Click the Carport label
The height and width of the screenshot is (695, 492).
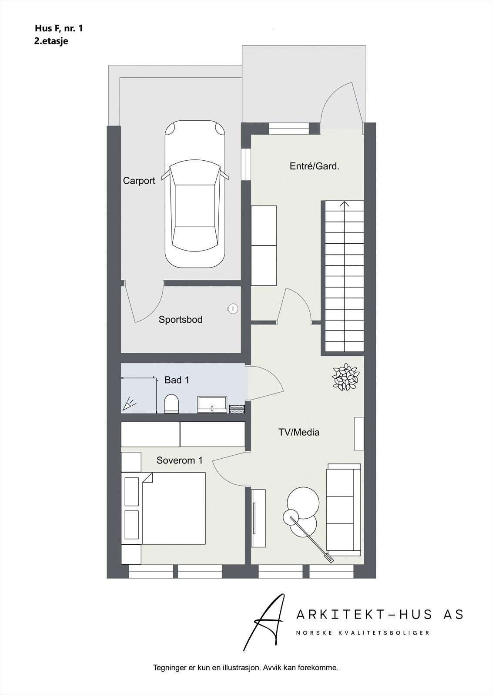point(139,181)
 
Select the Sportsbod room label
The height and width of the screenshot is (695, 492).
point(180,320)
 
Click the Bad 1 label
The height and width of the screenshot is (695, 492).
point(177,380)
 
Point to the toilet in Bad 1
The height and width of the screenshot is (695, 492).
point(171,404)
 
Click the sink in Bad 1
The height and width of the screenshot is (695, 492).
point(212,404)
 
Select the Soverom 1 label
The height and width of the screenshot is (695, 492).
point(179,460)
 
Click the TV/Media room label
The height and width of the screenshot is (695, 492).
point(299,432)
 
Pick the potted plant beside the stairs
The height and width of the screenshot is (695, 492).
point(345,377)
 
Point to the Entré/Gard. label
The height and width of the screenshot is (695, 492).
point(314,166)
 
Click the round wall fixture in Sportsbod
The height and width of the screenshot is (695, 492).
point(233,308)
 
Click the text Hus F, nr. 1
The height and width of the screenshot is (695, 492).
point(59,29)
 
